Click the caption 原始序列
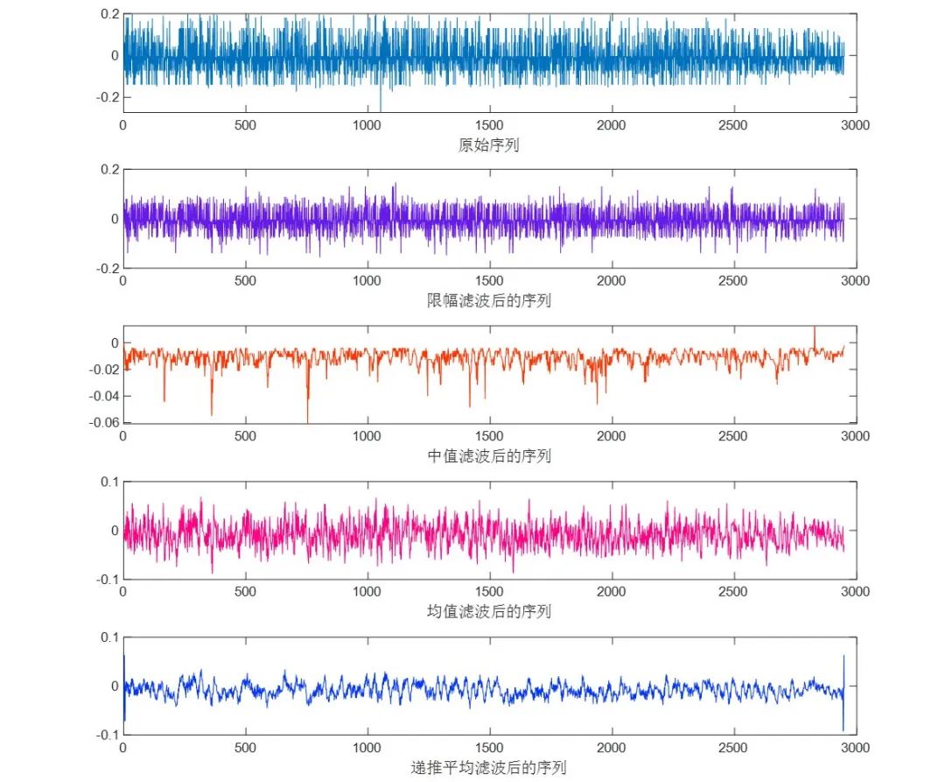click(x=488, y=145)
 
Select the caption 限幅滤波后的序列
click(x=488, y=301)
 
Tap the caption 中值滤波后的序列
click(x=488, y=456)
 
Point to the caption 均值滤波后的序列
click(x=488, y=611)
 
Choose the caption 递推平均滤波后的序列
click(x=488, y=768)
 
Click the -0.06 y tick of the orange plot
click(x=104, y=423)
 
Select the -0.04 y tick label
click(x=104, y=396)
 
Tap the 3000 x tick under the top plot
click(x=855, y=125)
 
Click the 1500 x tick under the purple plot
click(x=488, y=280)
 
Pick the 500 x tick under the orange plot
click(x=245, y=436)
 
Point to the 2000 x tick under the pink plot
click(x=611, y=591)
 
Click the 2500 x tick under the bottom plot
click(x=732, y=748)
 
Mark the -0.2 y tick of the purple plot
click(x=108, y=268)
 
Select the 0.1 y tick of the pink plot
click(x=109, y=482)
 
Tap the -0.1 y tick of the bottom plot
click(x=108, y=734)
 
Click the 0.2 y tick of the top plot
click(x=109, y=15)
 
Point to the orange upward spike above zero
click(x=815, y=334)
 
